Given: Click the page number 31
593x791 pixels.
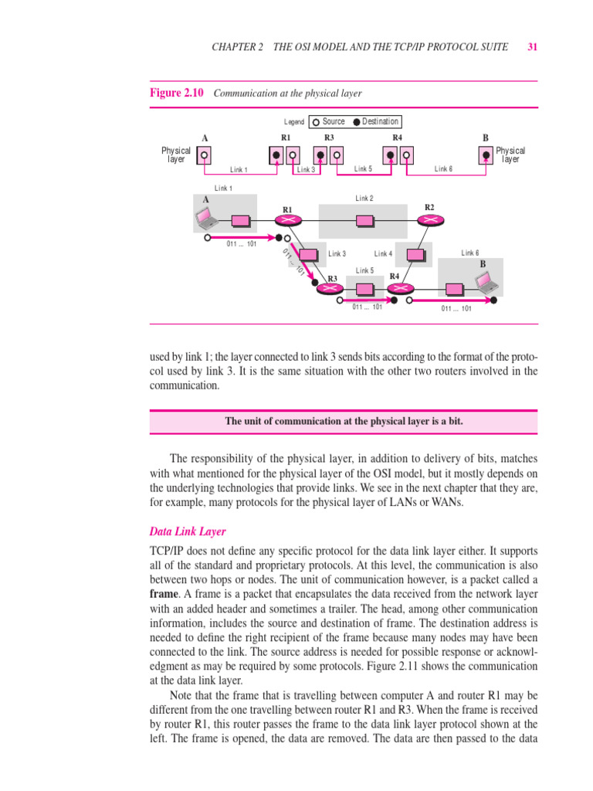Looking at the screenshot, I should (x=532, y=47).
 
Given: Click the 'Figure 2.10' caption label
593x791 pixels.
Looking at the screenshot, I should (x=176, y=93).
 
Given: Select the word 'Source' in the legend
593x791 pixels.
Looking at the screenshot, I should (x=334, y=121).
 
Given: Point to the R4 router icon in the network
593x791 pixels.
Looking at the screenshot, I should (x=395, y=288).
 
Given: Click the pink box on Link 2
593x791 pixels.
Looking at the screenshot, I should (x=364, y=221).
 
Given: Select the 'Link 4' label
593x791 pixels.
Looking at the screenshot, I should (x=383, y=253).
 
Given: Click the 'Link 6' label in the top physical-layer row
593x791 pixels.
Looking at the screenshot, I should (x=443, y=168).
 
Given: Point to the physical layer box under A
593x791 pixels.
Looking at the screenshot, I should (x=205, y=155).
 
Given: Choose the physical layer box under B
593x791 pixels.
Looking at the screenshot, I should (x=485, y=155).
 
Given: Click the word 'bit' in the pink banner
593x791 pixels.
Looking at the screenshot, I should (x=456, y=421).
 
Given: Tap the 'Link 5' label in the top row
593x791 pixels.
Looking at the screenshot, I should (x=363, y=168).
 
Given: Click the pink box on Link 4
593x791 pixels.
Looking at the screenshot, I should (x=418, y=253).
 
